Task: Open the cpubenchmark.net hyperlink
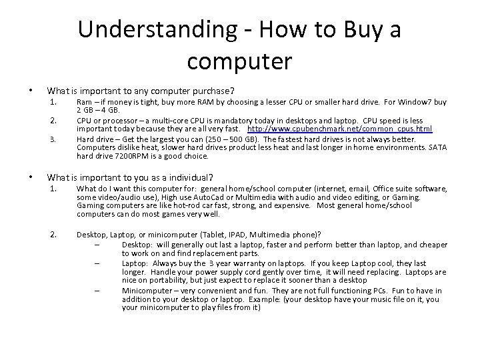pos(339,129)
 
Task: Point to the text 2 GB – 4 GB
pos(98,110)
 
